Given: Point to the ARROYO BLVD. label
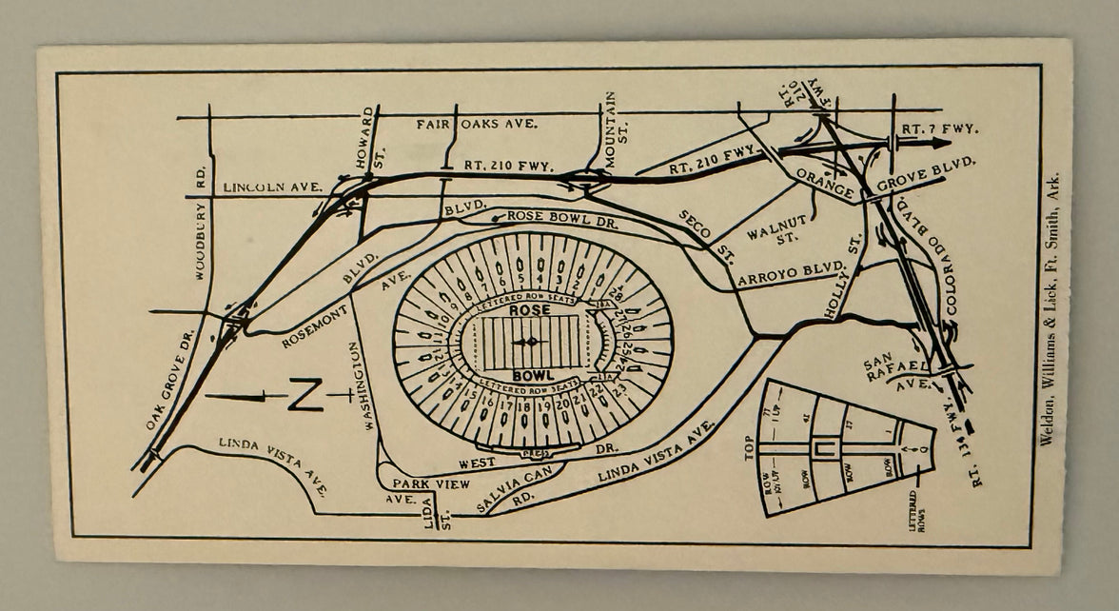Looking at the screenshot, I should point(792,273).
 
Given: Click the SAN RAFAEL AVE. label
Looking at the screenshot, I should point(893,374).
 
